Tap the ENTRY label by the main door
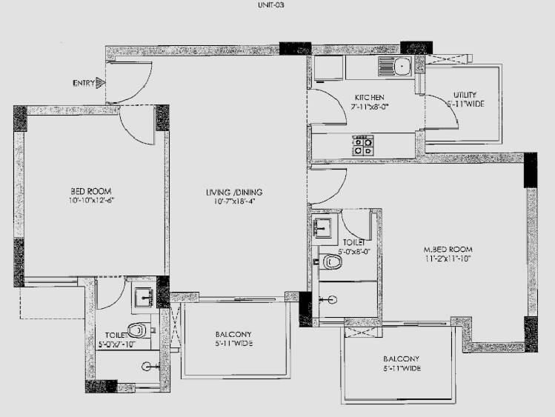click(83, 83)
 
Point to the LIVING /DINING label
click(234, 193)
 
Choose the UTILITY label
click(465, 95)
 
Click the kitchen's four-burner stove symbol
click(363, 145)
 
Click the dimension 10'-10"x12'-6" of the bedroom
click(92, 200)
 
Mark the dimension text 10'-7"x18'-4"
click(234, 202)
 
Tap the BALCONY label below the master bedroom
click(399, 358)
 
